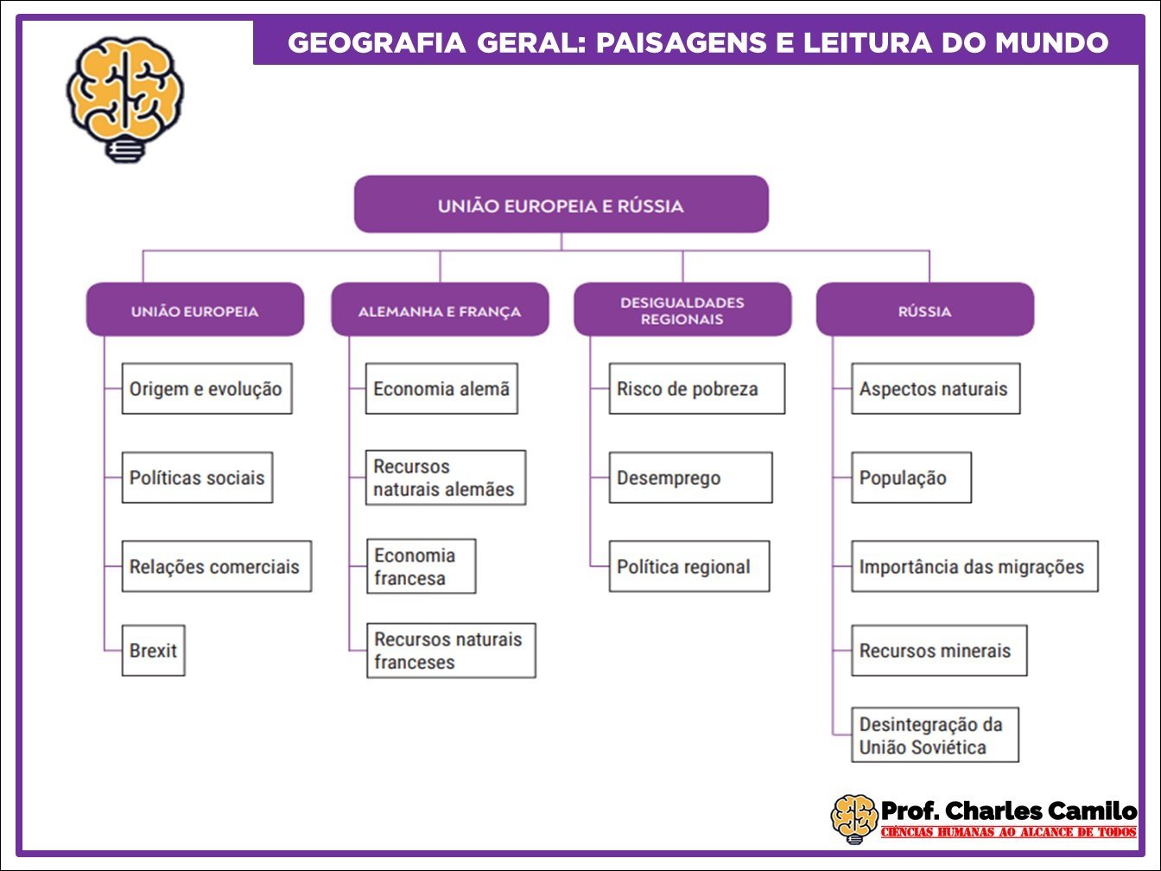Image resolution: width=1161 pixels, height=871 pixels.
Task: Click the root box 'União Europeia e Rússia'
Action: click(x=561, y=205)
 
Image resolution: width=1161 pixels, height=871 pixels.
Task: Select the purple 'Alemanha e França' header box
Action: click(x=440, y=310)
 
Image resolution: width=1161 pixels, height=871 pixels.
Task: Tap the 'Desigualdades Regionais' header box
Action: click(x=682, y=310)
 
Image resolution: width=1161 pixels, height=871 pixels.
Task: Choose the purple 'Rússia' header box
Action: click(x=924, y=310)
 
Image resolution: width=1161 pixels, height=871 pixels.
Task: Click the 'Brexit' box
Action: click(x=153, y=650)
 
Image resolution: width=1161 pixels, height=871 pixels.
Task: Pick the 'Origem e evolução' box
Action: click(x=206, y=389)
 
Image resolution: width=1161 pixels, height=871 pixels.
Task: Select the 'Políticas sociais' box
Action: click(x=197, y=478)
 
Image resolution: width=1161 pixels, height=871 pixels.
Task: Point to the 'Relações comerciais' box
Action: click(x=216, y=567)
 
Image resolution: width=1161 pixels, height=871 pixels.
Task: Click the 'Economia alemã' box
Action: click(x=441, y=389)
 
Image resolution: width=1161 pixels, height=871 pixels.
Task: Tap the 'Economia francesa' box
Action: click(x=421, y=567)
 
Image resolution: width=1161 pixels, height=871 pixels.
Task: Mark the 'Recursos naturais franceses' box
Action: click(x=450, y=651)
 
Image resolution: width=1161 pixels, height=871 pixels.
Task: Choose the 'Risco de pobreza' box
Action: click(x=696, y=389)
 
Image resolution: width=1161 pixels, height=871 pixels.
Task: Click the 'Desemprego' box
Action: click(x=690, y=478)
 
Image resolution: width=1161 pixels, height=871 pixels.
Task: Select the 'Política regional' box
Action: click(x=688, y=567)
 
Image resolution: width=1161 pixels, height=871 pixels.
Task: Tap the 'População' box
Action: click(x=910, y=478)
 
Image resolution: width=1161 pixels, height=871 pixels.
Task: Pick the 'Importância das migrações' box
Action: click(x=974, y=567)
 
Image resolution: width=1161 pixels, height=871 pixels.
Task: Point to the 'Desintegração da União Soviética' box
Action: click(x=935, y=735)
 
